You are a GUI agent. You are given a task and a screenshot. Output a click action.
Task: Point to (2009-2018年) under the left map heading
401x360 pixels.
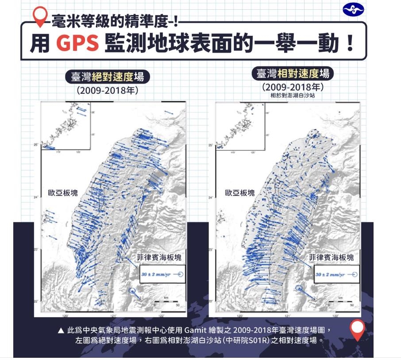(108, 91)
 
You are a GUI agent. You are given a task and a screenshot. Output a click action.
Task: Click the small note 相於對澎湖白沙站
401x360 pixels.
(293, 95)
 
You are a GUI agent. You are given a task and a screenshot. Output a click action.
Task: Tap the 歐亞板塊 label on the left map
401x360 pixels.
(63, 193)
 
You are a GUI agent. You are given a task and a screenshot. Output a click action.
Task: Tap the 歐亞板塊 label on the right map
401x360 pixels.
(240, 193)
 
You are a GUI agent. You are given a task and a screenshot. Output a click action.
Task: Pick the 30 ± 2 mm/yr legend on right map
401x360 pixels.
(335, 275)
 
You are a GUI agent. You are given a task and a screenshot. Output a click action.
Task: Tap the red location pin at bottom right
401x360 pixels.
(357, 329)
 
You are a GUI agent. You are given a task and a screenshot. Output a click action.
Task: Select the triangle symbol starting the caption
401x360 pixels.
(61, 330)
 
